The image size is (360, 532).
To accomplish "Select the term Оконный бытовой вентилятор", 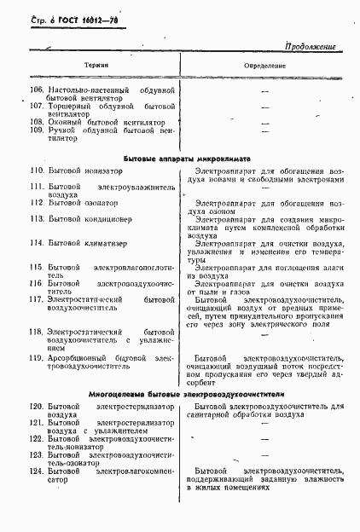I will (x=107, y=122).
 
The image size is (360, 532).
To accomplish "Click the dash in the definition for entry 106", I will (x=264, y=90).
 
